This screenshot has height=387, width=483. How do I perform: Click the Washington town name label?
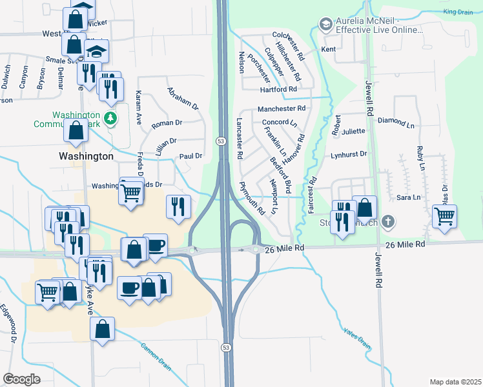(x=86, y=156)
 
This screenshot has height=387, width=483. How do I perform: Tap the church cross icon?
(x=387, y=222)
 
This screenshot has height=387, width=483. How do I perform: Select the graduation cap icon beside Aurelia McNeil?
(x=325, y=25)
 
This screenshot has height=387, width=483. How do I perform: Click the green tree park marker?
(x=111, y=119)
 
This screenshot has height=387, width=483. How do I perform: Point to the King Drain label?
(x=458, y=12)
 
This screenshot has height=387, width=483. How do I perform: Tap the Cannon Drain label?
(x=156, y=355)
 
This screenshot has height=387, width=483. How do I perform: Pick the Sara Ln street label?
(x=404, y=197)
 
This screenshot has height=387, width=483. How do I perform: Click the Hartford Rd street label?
(x=278, y=90)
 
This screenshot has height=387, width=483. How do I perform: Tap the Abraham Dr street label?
(x=183, y=98)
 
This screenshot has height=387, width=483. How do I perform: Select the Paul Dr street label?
(x=191, y=156)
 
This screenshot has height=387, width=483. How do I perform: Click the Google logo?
(x=21, y=379)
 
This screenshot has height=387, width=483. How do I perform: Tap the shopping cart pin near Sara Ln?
(x=444, y=217)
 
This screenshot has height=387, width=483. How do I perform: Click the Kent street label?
(x=329, y=49)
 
